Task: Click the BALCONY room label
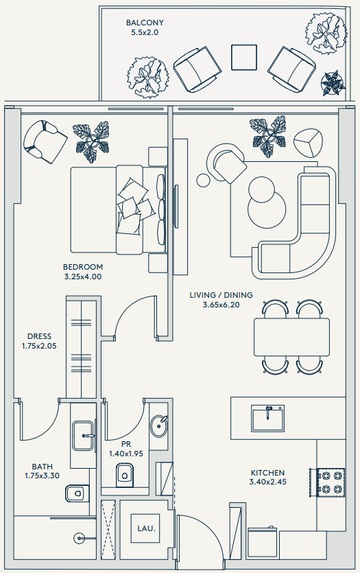click(145, 23)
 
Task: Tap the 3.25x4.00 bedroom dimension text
click(83, 277)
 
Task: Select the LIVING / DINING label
click(221, 295)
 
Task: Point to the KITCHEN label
click(267, 473)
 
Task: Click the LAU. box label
click(146, 528)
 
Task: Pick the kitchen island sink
click(267, 418)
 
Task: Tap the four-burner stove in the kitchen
click(331, 482)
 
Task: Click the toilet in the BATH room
click(77, 493)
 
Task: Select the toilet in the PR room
click(125, 475)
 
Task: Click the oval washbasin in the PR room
click(159, 425)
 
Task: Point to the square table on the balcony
click(244, 58)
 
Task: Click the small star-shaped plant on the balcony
click(333, 84)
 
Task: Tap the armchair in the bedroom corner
click(45, 141)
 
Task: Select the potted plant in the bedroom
click(91, 142)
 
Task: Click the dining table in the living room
click(291, 337)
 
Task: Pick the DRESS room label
click(40, 336)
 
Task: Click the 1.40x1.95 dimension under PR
click(126, 454)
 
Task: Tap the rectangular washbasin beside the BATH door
click(84, 435)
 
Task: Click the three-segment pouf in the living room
click(308, 143)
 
